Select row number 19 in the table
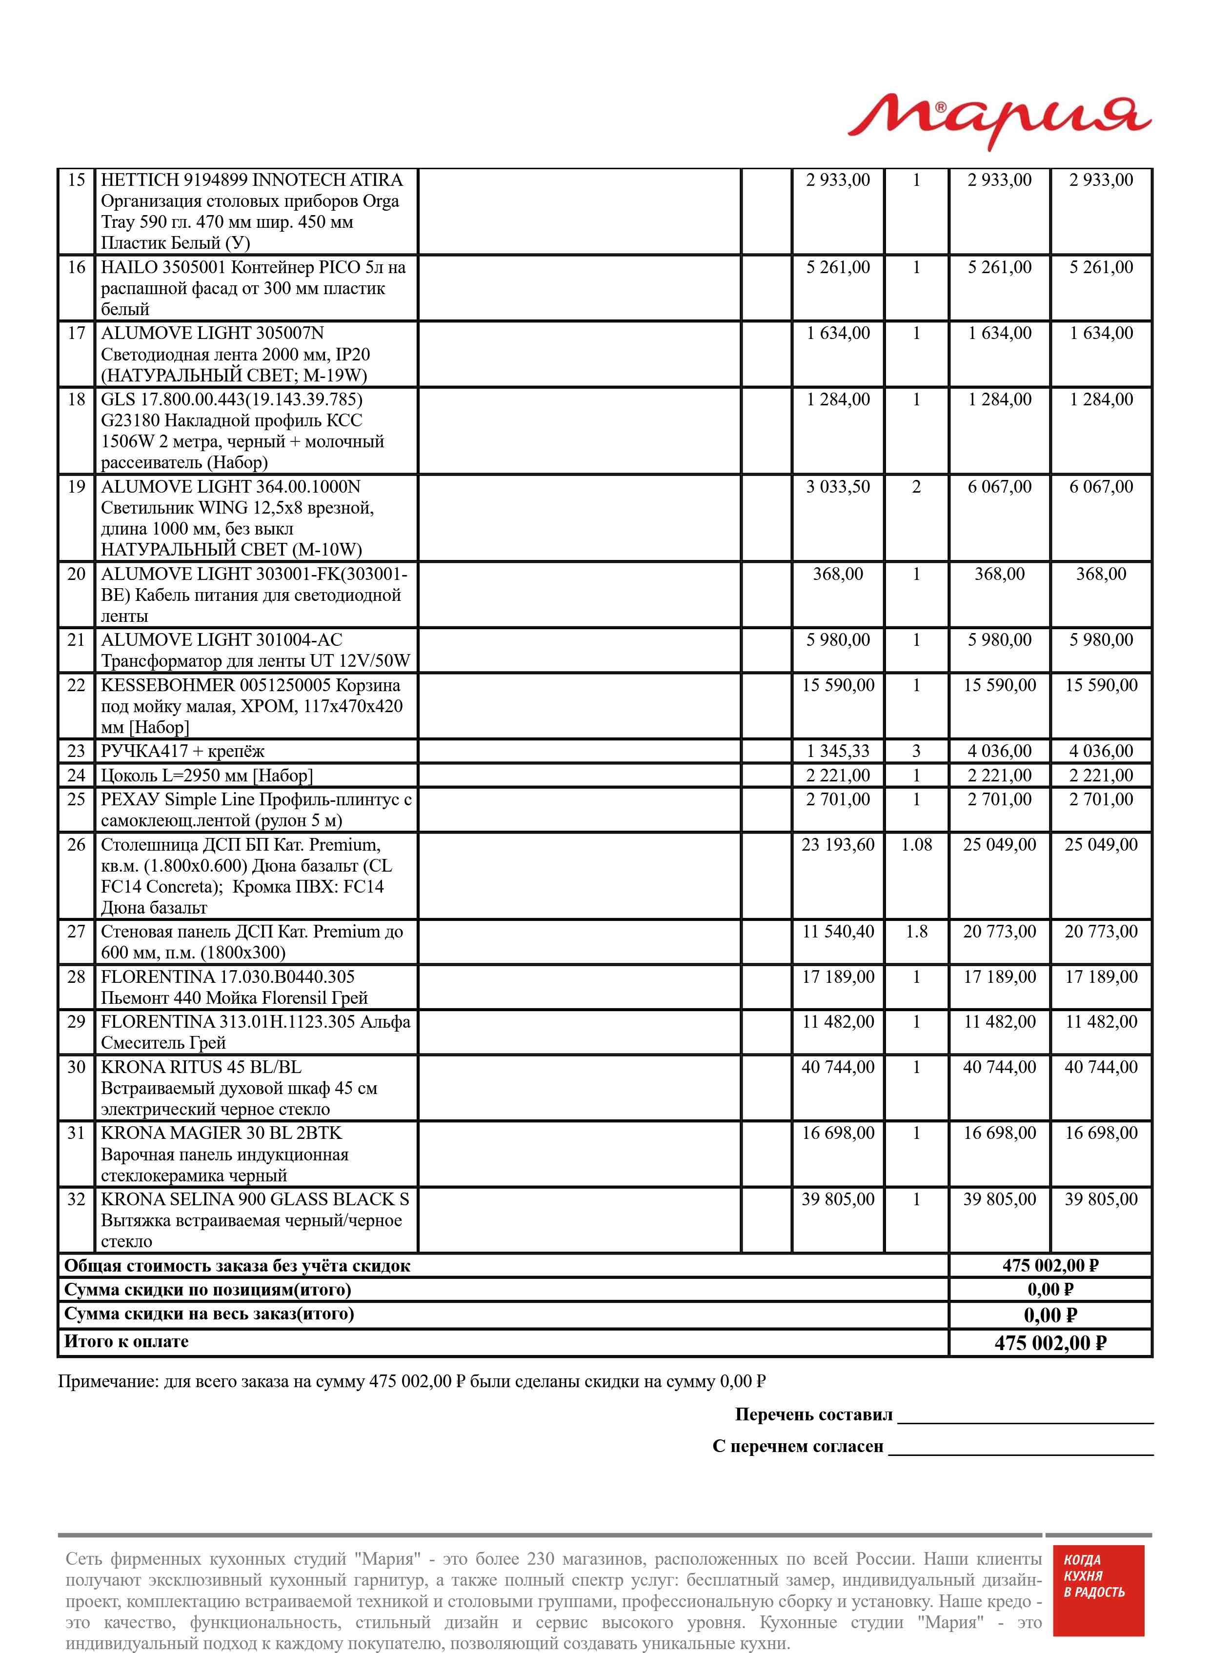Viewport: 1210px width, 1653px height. (x=76, y=487)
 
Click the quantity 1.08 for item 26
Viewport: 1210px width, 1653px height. (x=916, y=845)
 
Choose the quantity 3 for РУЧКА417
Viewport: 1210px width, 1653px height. (x=916, y=751)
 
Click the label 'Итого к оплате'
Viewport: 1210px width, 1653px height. (x=127, y=1341)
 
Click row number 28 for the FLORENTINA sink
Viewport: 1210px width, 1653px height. (x=76, y=976)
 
